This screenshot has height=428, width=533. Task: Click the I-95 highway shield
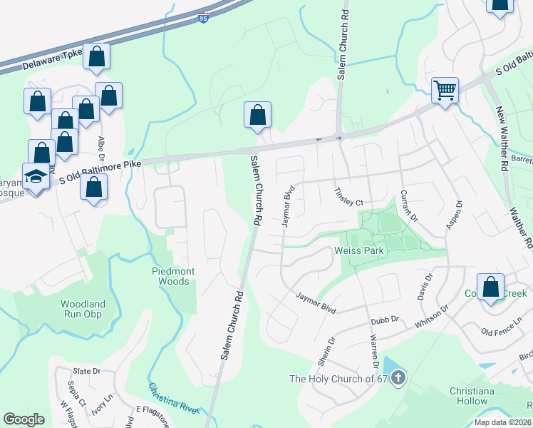203,19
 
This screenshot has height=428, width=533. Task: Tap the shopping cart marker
445,91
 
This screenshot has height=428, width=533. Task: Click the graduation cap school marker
34,175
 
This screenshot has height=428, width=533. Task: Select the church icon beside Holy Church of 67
398,377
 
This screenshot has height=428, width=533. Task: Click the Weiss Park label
359,251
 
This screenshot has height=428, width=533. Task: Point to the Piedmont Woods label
171,276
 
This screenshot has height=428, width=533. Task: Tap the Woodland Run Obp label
83,309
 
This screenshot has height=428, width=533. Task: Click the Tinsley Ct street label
350,198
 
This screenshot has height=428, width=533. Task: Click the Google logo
24,419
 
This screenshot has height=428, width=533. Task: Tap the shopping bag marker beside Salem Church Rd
257,115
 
